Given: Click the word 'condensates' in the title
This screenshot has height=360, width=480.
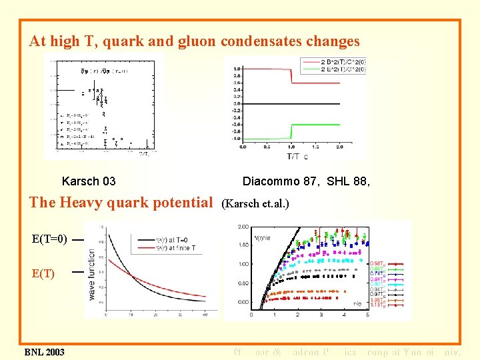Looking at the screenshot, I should coord(261,41).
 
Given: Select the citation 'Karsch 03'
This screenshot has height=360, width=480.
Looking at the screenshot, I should coord(89,181).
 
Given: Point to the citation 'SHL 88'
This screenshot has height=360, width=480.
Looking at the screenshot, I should coord(346,181).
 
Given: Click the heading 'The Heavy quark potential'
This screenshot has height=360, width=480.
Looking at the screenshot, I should coord(121,202).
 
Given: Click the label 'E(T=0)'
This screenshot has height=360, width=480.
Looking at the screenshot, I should coord(49,239).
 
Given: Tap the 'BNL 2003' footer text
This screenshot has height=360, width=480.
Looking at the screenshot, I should coord(45,352).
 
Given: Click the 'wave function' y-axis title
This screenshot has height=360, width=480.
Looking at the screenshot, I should coord(91,273).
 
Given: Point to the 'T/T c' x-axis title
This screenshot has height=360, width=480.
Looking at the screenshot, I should coord(297,157).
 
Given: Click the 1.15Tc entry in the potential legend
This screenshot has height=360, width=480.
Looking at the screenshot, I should coord(377,305).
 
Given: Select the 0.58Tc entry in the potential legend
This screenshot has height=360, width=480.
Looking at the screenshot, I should coord(377,263).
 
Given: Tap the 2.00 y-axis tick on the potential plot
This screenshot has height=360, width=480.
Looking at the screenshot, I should coord(243,227).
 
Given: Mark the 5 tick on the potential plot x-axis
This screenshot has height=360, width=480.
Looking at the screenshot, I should coord(367,315).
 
